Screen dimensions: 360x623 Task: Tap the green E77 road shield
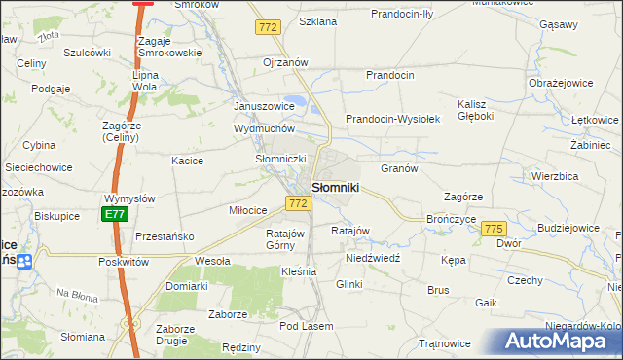tap(115, 213)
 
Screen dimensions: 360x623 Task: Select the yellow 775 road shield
tap(493, 228)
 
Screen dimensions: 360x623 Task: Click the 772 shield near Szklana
tap(269, 28)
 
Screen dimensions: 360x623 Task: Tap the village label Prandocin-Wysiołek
tap(393, 119)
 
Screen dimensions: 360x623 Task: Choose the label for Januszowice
tap(264, 106)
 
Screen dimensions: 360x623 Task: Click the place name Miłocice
tap(248, 210)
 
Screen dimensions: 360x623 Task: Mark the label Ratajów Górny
tap(286, 239)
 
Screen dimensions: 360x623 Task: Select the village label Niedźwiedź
tap(373, 260)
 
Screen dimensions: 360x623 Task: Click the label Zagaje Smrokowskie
tap(169, 47)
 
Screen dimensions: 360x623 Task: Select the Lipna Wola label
tap(145, 80)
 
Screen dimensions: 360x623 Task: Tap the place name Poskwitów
tap(123, 262)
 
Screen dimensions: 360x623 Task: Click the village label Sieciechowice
tap(39, 167)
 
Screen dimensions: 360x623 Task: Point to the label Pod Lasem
tap(305, 325)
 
